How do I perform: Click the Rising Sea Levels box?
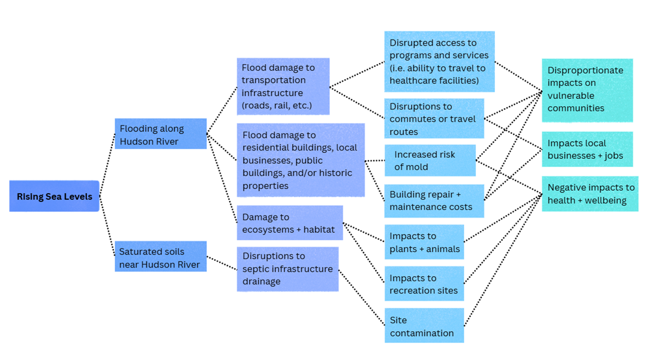pyautogui.click(x=54, y=196)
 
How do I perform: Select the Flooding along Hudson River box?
pyautogui.click(x=160, y=134)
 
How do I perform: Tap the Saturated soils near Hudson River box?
pyautogui.click(x=160, y=257)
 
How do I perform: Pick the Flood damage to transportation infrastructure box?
pyautogui.click(x=283, y=86)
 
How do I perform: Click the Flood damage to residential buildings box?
pyautogui.click(x=300, y=160)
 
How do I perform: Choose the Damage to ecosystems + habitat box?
pyautogui.click(x=289, y=223)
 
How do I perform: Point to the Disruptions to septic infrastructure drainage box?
pyautogui.click(x=287, y=269)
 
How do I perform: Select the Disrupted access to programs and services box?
pyautogui.click(x=439, y=61)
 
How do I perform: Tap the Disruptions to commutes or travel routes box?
pyautogui.click(x=434, y=119)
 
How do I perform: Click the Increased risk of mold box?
pyautogui.click(x=430, y=160)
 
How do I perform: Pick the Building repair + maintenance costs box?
pyautogui.click(x=434, y=200)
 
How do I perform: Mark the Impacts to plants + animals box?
pyautogui.click(x=424, y=242)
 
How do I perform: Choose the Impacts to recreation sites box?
pyautogui.click(x=424, y=284)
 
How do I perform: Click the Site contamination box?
pyautogui.click(x=424, y=326)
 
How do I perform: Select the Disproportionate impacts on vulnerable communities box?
pyautogui.click(x=587, y=89)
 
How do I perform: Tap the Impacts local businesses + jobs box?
pyautogui.click(x=587, y=149)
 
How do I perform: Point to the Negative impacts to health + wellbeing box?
pyautogui.click(x=590, y=194)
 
